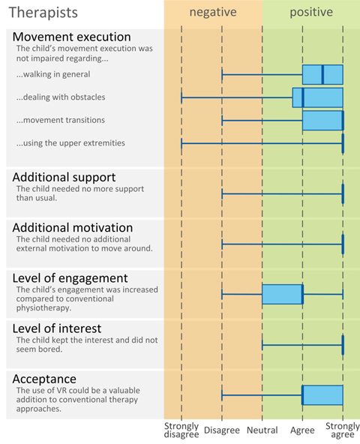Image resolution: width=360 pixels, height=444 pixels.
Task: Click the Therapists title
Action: point(43,13)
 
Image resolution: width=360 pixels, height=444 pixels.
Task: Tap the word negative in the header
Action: point(213,12)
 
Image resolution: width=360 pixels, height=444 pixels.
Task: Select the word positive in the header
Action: point(311,13)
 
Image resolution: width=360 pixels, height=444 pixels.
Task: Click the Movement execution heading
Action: point(72,37)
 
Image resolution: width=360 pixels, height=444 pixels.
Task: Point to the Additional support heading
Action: point(64,177)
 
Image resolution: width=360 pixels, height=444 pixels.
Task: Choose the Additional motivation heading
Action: point(73,228)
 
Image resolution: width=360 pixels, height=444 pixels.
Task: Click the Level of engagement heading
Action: point(70,278)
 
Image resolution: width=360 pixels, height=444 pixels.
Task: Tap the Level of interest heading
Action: point(57,328)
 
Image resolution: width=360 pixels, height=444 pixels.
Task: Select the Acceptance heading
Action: point(44,379)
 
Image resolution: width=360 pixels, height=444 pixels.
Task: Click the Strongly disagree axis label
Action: point(181,430)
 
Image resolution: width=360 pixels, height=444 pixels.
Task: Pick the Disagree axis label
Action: point(222,430)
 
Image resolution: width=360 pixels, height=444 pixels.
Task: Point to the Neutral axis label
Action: point(262,430)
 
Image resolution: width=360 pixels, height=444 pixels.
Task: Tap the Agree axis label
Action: point(302,430)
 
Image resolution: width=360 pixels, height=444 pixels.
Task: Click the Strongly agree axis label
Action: point(343,430)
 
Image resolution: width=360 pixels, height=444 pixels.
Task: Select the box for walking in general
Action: point(322,74)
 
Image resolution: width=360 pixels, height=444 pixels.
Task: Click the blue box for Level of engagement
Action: point(283,295)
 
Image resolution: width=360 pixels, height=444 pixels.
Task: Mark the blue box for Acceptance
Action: point(322,395)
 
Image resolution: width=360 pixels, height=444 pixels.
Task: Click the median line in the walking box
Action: point(322,74)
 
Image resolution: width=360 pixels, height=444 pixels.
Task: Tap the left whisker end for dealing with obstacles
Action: point(181,97)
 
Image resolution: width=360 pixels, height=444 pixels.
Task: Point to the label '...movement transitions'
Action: point(61,120)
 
